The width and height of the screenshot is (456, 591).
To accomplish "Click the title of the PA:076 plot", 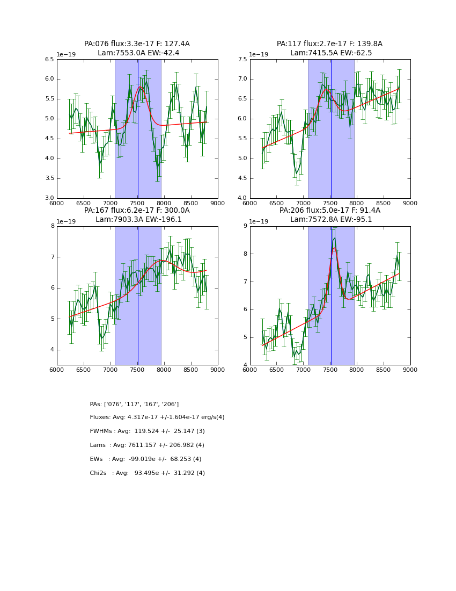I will point(137,48).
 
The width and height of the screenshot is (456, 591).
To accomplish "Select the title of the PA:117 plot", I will point(330,48).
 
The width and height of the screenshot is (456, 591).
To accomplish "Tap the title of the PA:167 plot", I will point(137,215).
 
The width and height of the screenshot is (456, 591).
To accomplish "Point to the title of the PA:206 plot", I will point(330,215).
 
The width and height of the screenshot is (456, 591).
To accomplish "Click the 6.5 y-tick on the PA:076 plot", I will point(49,59).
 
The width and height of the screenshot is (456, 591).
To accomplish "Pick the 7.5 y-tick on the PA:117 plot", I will point(242,59).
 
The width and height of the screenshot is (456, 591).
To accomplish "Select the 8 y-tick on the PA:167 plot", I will point(52,226).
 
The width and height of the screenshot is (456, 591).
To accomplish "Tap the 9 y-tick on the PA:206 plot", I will point(245,226).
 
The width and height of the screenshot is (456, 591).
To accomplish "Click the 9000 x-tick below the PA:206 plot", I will point(410,370).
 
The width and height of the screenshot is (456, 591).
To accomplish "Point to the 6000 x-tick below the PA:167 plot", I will point(57,370).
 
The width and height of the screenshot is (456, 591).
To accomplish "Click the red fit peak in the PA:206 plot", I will point(334,248).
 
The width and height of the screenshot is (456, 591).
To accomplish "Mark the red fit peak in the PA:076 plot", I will point(140,87).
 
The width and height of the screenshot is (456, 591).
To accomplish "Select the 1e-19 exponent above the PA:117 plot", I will point(259,54).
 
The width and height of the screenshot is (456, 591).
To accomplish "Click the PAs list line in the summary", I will point(134,404).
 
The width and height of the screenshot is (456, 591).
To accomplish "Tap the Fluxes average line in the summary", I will point(157,417).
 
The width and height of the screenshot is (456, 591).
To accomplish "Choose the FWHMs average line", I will point(147,431).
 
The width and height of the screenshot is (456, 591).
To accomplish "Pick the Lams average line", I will point(147,445).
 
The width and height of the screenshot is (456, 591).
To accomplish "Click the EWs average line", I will point(145,459).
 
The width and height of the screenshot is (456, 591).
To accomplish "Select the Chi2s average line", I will point(147,473).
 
